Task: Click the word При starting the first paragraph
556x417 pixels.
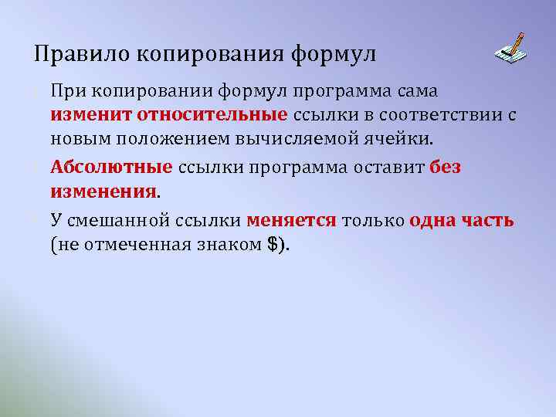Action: (68, 91)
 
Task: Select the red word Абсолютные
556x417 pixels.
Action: (111, 168)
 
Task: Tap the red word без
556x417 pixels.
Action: (446, 168)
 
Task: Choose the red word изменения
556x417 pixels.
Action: (103, 191)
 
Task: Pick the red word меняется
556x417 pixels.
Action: (291, 220)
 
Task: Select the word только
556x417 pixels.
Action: (373, 220)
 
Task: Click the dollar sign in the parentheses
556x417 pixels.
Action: (271, 244)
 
